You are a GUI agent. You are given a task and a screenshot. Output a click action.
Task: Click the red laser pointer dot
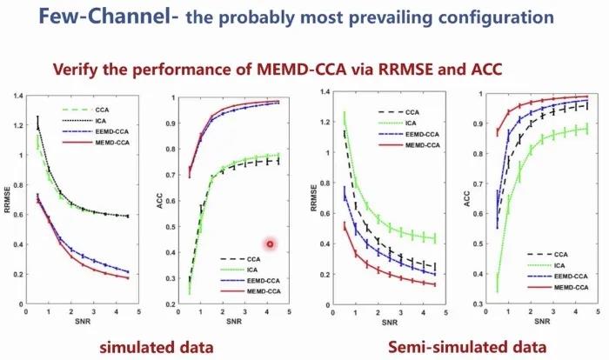271,243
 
